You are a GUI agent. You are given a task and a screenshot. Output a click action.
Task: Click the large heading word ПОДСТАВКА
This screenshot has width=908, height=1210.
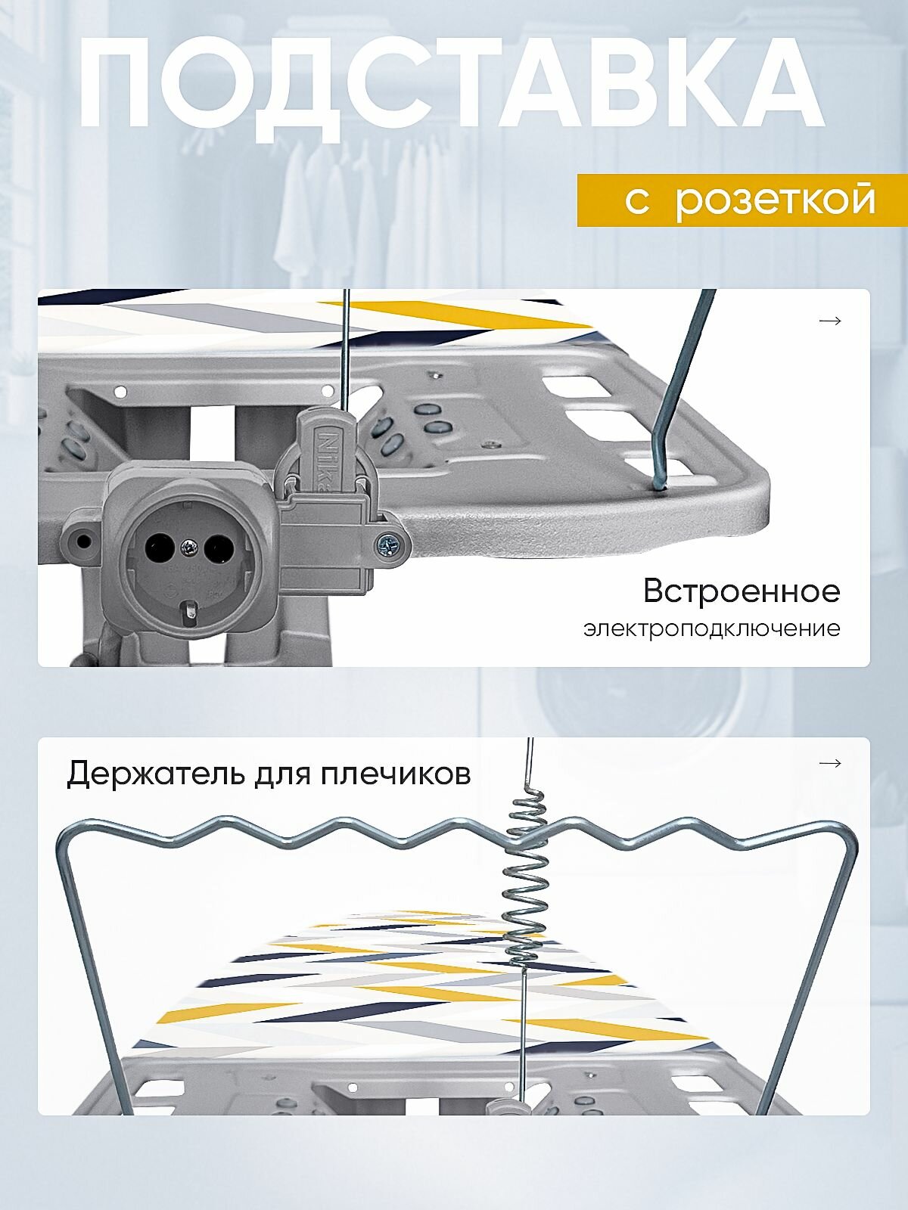[452, 85]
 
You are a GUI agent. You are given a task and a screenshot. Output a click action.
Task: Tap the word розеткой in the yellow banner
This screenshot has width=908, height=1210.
[775, 200]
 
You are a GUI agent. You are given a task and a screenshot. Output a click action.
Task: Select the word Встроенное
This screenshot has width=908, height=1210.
[741, 591]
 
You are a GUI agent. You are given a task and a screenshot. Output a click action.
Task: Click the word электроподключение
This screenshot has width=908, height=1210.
[711, 628]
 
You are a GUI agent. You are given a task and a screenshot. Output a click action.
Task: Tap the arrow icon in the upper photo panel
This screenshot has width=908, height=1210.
[830, 321]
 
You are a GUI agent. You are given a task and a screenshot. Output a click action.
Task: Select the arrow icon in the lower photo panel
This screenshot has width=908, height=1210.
[830, 763]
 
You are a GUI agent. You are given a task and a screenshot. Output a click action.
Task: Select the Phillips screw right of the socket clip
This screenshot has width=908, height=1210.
[390, 543]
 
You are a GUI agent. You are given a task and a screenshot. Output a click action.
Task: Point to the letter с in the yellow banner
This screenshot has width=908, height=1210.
[637, 201]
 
